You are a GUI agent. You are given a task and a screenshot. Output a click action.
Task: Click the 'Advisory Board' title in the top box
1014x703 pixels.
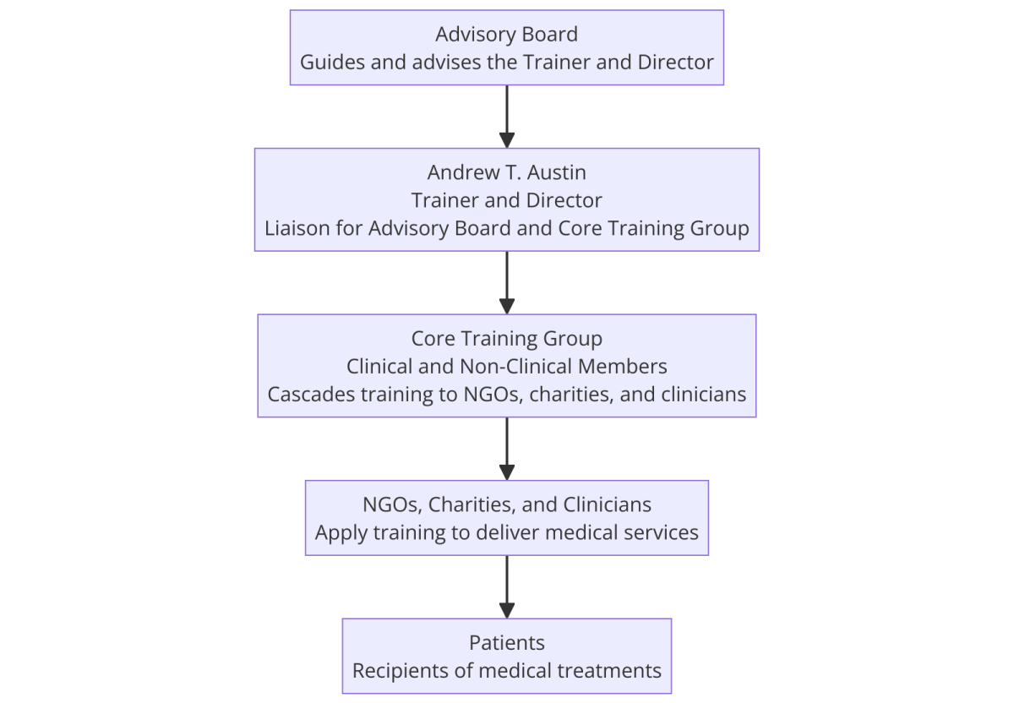(506, 35)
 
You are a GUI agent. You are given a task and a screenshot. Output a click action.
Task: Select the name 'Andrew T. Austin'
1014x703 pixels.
(506, 172)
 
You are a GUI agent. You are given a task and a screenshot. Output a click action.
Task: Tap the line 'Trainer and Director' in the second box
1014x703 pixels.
(506, 200)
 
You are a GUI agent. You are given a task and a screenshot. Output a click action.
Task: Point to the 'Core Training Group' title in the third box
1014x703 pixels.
(506, 339)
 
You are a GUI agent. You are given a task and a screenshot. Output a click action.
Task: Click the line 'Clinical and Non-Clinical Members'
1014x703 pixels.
(506, 366)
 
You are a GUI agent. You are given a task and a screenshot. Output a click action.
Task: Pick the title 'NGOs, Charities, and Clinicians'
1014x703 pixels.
(506, 504)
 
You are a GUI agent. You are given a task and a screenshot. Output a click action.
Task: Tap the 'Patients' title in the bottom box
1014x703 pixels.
(506, 643)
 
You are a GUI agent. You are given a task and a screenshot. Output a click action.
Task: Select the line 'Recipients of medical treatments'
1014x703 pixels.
(506, 671)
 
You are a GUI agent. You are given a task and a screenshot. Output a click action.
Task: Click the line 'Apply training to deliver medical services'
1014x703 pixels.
(506, 532)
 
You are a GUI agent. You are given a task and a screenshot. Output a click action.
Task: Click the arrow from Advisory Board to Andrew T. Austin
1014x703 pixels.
(506, 117)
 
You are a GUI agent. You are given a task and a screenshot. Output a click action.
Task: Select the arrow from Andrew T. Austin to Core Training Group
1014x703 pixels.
(506, 282)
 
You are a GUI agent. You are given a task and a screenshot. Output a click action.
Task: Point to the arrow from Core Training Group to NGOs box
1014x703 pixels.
(506, 449)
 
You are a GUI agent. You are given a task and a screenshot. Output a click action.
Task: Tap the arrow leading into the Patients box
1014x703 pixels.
(506, 586)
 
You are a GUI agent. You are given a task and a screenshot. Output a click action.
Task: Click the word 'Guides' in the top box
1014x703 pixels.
(332, 62)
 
